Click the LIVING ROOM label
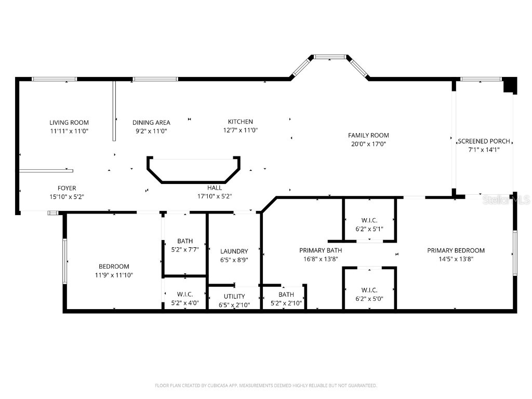pyautogui.click(x=69, y=123)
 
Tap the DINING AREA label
pyautogui.click(x=151, y=123)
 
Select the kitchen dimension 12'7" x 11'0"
pyautogui.click(x=241, y=130)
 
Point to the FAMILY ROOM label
pyautogui.click(x=368, y=135)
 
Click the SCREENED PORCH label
pyautogui.click(x=484, y=141)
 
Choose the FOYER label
pyautogui.click(x=66, y=188)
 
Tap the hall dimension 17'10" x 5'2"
pyautogui.click(x=214, y=196)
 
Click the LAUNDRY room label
pyautogui.click(x=234, y=251)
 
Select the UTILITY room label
pyautogui.click(x=234, y=296)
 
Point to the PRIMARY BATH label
pyautogui.click(x=321, y=250)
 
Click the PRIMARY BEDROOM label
pyautogui.click(x=456, y=250)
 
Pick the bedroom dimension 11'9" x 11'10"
pyautogui.click(x=114, y=275)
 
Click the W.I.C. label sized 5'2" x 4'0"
pyautogui.click(x=185, y=295)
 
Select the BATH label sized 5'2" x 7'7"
pyautogui.click(x=185, y=241)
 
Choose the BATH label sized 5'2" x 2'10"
pyautogui.click(x=286, y=295)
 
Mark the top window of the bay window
pyautogui.click(x=330, y=57)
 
